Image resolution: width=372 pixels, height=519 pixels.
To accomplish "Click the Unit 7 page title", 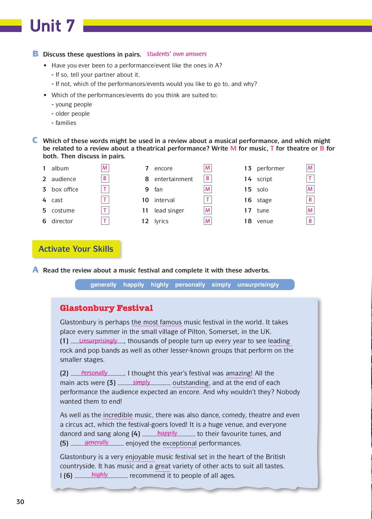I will [x=52, y=26].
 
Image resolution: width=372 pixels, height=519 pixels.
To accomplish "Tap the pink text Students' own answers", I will [x=177, y=54].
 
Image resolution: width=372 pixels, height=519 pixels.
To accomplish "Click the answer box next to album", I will [x=105, y=168].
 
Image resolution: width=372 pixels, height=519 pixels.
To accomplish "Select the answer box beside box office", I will [x=105, y=189].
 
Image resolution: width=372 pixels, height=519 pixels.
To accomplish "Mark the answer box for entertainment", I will [x=207, y=178].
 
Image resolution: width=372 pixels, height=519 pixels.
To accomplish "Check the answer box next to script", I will [x=310, y=178].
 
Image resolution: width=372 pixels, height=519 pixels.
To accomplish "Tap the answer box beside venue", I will [x=310, y=221].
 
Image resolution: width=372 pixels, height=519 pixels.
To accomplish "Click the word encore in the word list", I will [x=163, y=168].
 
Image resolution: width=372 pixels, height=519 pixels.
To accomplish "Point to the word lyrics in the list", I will [x=161, y=221].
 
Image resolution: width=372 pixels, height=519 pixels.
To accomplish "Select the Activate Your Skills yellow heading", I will [x=76, y=249].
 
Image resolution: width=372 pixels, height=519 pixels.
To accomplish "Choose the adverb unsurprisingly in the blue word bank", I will [x=258, y=285].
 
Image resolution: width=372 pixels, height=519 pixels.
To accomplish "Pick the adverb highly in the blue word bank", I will [x=160, y=285].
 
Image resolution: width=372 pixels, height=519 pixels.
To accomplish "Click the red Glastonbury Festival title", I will [x=106, y=308].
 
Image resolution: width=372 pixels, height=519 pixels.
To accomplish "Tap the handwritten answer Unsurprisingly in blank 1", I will [x=98, y=341].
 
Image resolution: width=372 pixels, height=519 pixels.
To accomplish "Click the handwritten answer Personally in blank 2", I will [x=94, y=373].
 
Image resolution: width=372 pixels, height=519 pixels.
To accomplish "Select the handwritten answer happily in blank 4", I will [x=167, y=433].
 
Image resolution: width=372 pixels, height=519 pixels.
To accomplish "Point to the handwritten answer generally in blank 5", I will [x=97, y=443].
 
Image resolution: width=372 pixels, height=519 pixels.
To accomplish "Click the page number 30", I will [x=20, y=502].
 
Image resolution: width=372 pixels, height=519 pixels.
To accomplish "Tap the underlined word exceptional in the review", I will [x=180, y=443].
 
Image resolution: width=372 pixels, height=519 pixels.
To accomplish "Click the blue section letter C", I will [x=35, y=140].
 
